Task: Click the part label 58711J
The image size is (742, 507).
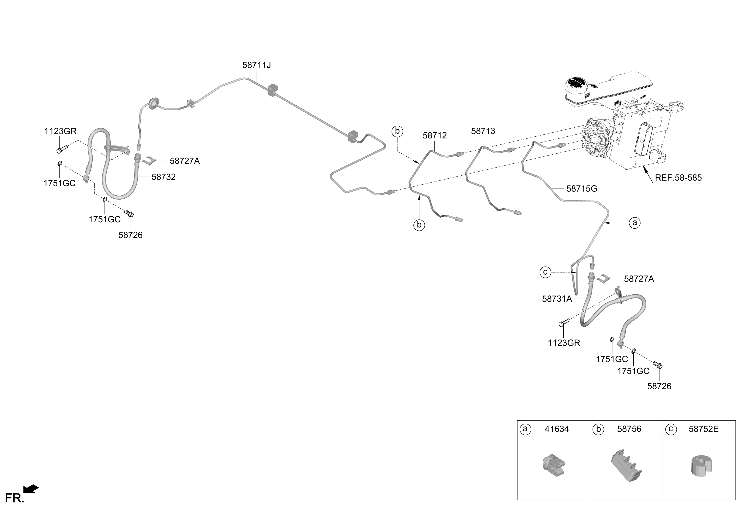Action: point(256,65)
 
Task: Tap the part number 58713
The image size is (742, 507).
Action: point(483,131)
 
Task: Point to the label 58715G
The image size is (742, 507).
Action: point(581,189)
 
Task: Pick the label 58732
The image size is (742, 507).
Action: point(164,177)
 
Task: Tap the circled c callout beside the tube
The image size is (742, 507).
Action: point(545,272)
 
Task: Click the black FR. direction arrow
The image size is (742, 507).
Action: point(31,489)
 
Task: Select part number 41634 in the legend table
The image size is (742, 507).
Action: point(556,429)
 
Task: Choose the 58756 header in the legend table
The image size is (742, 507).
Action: point(629,429)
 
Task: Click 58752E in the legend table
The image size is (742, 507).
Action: point(703,429)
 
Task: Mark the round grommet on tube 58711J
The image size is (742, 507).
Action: point(154,104)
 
